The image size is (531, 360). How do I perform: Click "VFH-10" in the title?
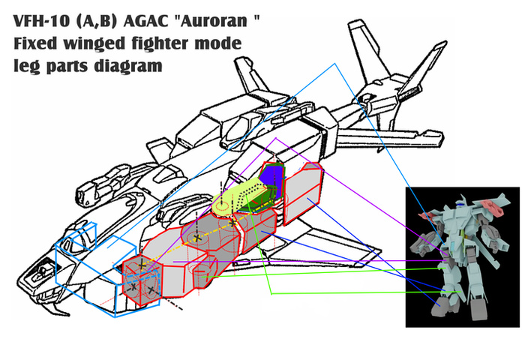pos(41,21)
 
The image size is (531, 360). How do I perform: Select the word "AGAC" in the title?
pos(145,21)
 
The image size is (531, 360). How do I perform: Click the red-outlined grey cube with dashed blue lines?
pos(141,280)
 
